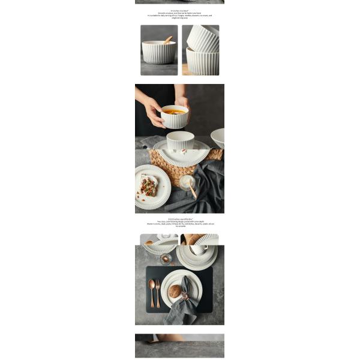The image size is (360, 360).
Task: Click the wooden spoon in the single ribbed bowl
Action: tap(167, 40)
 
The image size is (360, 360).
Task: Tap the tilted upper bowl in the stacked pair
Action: tap(203, 38)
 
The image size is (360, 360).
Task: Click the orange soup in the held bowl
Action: tap(175, 112)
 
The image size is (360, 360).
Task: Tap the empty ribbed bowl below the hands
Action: tap(180, 140)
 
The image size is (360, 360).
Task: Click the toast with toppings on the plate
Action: tap(148, 186)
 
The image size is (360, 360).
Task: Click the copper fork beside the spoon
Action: tap(158, 292)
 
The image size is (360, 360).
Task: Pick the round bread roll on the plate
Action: tap(175, 291)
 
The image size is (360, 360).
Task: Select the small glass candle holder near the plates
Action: tap(166, 259)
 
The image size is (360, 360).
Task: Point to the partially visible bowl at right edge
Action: tap(218, 137)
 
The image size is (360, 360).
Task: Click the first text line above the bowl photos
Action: tap(179, 10)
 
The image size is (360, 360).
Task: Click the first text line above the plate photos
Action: tap(180, 220)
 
